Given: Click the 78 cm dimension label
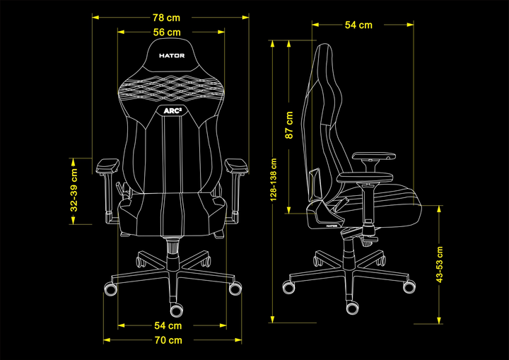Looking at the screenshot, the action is (166, 18).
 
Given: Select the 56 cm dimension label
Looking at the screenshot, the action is (167, 32).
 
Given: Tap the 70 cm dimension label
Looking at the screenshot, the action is (168, 340).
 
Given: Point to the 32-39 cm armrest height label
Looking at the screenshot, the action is (74, 190).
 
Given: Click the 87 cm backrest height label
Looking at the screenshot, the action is (289, 125).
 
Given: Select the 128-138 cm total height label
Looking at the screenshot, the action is (274, 180).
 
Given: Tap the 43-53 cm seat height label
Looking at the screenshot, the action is (440, 265).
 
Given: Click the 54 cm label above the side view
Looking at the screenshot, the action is (358, 25).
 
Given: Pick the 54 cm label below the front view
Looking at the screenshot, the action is (168, 325).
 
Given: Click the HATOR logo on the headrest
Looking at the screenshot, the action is (172, 56).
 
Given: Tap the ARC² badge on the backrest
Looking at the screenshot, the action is (172, 111).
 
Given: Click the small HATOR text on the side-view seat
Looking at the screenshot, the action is (332, 226).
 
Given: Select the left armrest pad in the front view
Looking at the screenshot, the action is (107, 165).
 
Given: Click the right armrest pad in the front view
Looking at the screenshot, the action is (237, 165).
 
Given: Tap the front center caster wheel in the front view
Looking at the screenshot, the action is (176, 310).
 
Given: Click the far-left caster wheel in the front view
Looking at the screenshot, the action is (110, 289).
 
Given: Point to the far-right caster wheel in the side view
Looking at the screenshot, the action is (409, 286).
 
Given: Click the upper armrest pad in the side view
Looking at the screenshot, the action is (374, 156).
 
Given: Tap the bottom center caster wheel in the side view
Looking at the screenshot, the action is (352, 308).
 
